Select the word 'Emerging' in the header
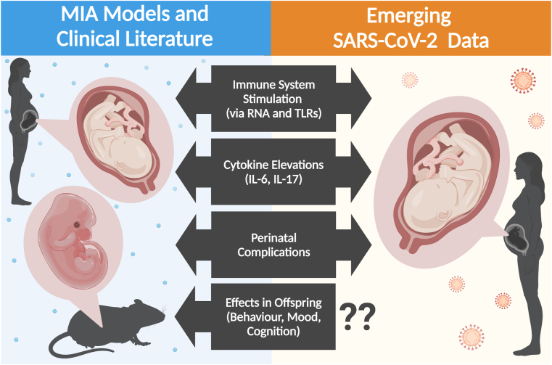tap(411, 15)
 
